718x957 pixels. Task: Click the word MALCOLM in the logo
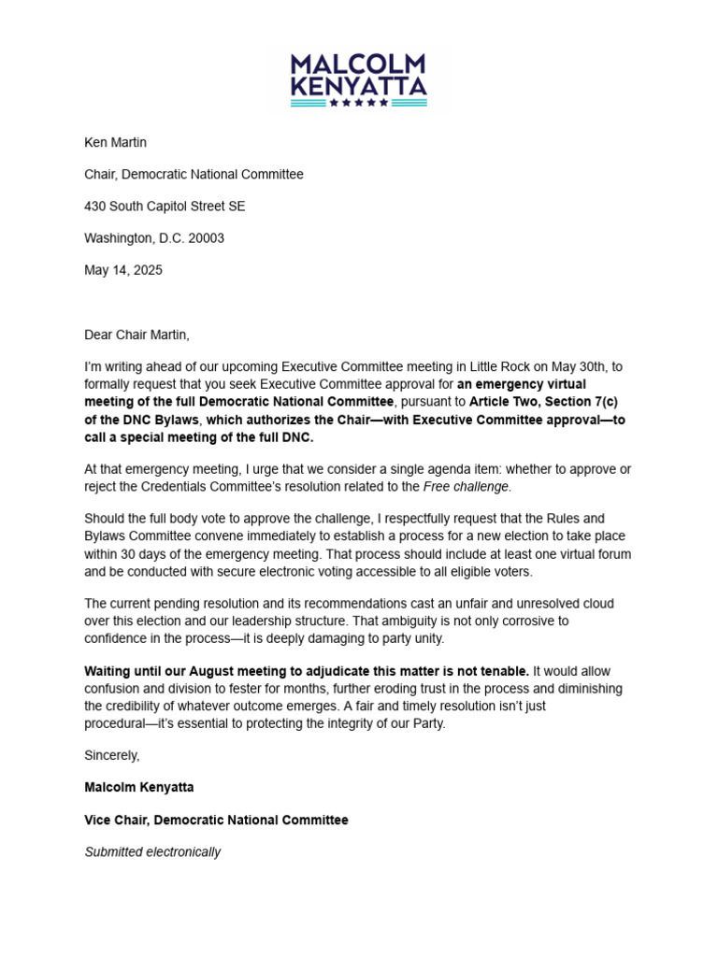[x=358, y=64]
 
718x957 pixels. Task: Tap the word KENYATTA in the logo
[x=358, y=87]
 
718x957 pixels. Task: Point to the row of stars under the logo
[x=358, y=103]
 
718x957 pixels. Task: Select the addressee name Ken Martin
[x=115, y=143]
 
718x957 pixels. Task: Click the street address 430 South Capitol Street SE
[x=165, y=207]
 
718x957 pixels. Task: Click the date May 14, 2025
[x=122, y=270]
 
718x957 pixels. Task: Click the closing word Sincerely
[x=112, y=755]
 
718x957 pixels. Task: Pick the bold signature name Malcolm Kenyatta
[x=139, y=788]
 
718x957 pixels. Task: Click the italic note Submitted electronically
[x=152, y=852]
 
